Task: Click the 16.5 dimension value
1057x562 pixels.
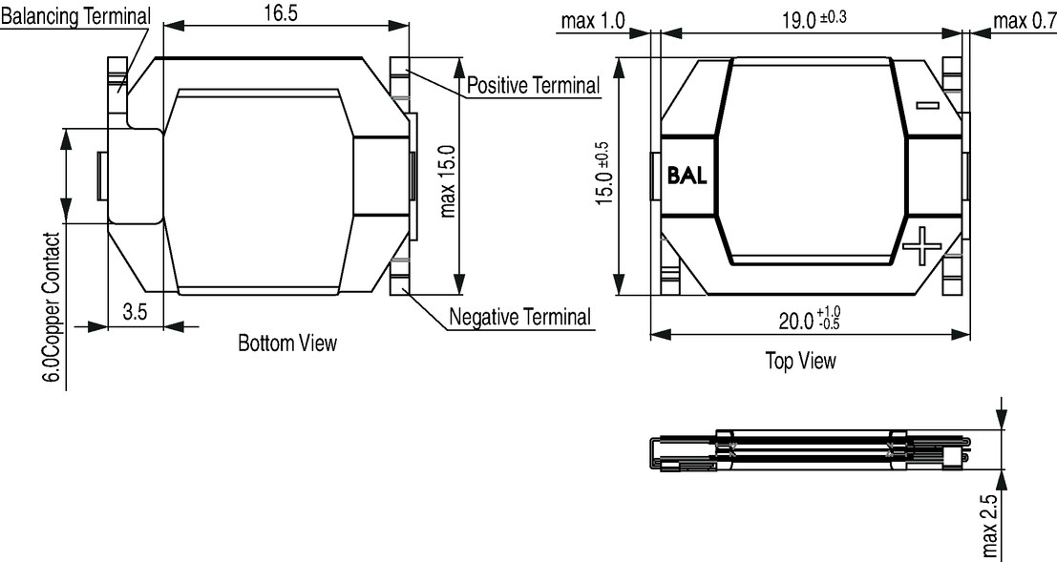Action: click(281, 14)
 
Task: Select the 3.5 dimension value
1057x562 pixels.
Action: click(136, 313)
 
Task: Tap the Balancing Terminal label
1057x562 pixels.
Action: click(75, 17)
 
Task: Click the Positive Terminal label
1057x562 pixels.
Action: click(533, 86)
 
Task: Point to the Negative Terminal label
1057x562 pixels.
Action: click(519, 316)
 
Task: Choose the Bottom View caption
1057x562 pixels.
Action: click(287, 343)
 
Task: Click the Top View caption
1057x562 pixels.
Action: click(800, 361)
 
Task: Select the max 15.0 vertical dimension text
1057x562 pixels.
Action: click(448, 181)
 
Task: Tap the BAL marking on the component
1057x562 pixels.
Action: click(687, 176)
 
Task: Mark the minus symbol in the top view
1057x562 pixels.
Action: click(927, 104)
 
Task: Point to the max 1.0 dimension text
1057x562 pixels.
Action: click(593, 22)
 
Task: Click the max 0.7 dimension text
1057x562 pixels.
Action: click(1025, 22)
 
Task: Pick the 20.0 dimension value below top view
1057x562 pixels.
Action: click(810, 319)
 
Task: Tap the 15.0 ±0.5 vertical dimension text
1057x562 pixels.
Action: click(604, 174)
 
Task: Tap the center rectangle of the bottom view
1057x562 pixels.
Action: click(260, 192)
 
